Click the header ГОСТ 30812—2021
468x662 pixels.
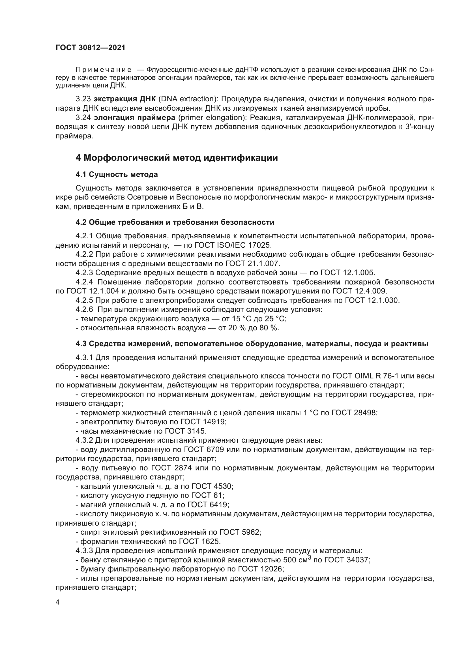coord(91,48)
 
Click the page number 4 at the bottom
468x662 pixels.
coord(58,602)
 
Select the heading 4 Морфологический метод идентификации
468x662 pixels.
coord(177,158)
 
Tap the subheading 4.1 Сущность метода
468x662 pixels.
coord(116,174)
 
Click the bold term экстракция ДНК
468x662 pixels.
coord(125,99)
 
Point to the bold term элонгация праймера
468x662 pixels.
coord(134,118)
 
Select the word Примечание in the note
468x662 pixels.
coord(104,70)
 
